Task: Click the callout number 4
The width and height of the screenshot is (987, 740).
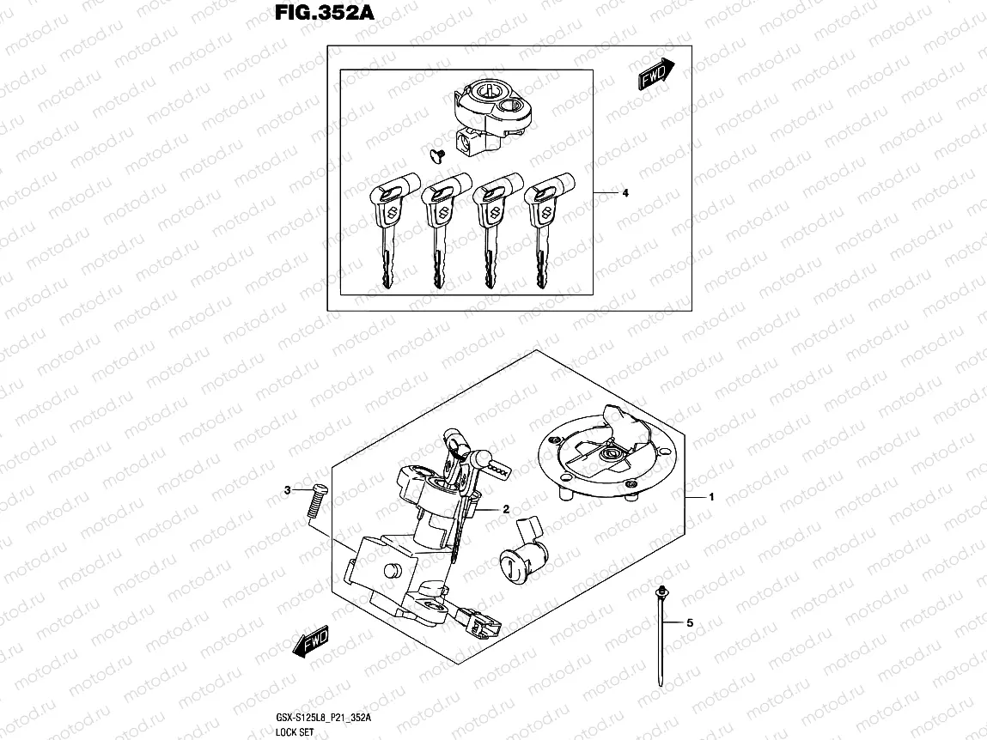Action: [625, 193]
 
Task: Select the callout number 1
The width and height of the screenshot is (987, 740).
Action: [711, 497]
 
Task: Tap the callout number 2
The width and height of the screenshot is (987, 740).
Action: [506, 509]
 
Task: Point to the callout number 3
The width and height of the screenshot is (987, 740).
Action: [288, 490]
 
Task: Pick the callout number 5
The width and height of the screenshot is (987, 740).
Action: [689, 622]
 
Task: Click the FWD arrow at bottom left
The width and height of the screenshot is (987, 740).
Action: [311, 641]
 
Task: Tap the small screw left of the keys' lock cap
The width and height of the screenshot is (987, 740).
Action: [433, 153]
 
